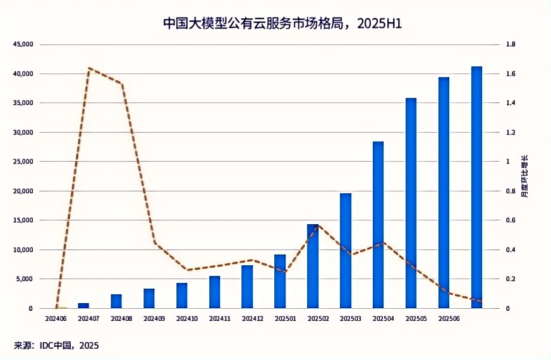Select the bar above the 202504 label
(378, 225)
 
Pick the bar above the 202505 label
(411, 203)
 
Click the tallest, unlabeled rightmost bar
(477, 187)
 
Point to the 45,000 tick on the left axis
(23, 45)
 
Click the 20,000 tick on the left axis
(23, 191)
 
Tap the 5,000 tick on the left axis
(25, 279)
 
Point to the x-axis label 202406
(57, 319)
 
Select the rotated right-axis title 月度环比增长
(524, 176)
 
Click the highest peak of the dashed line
(90, 68)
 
